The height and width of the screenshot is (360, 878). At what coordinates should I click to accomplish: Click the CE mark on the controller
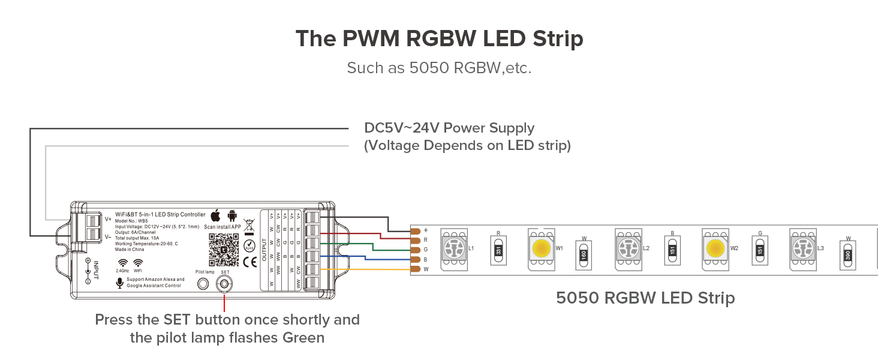coord(250,262)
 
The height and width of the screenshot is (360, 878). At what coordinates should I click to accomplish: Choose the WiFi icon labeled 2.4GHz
coord(123,263)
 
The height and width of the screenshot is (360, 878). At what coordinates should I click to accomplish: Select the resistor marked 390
coord(848,254)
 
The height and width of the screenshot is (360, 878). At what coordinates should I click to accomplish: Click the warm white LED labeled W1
coord(542,248)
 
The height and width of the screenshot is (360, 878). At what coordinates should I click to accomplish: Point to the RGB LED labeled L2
coord(629,248)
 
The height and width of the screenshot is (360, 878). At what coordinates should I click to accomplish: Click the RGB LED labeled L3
coord(803,248)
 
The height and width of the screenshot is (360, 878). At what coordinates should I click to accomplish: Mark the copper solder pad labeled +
coord(414,230)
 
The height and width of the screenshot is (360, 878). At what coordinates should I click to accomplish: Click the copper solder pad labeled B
coord(414,260)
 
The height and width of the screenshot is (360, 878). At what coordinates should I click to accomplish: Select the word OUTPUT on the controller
coord(264,249)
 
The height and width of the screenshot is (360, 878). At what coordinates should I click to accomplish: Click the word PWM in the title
coord(371,39)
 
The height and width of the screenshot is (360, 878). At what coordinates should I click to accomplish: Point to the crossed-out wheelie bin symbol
coord(249,227)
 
